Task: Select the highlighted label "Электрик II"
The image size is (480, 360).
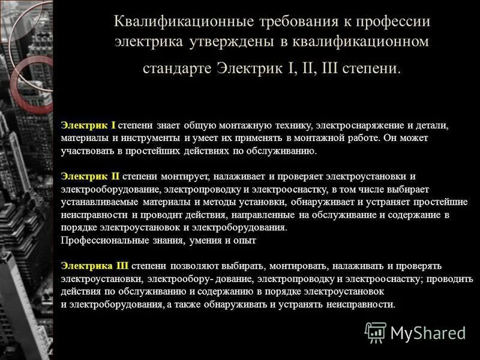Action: pyautogui.click(x=90, y=176)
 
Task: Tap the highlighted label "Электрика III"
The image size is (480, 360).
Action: pyautogui.click(x=95, y=265)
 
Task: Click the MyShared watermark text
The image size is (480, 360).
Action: pyautogui.click(x=428, y=332)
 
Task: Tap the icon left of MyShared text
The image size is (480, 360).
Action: pyautogui.click(x=376, y=332)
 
